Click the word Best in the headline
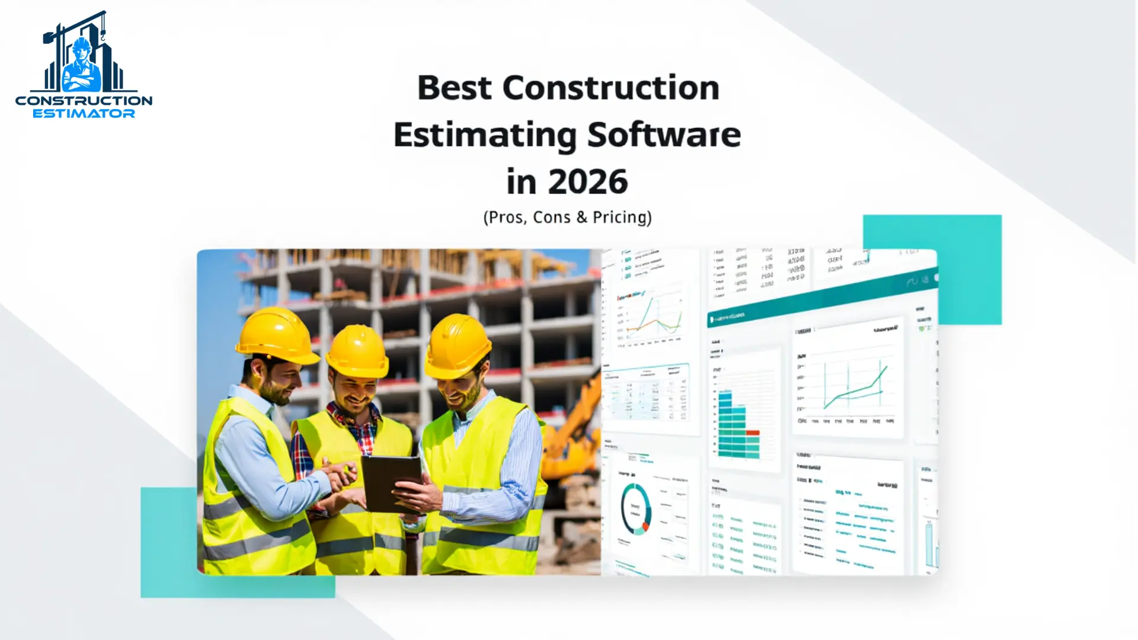coord(454,88)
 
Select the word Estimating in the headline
coord(485,135)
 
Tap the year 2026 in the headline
coord(587,182)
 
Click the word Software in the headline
coord(664,135)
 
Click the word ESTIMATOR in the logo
coord(84,114)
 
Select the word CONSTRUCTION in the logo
coord(84,101)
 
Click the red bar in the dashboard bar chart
coord(753,433)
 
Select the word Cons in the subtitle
coord(551,217)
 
